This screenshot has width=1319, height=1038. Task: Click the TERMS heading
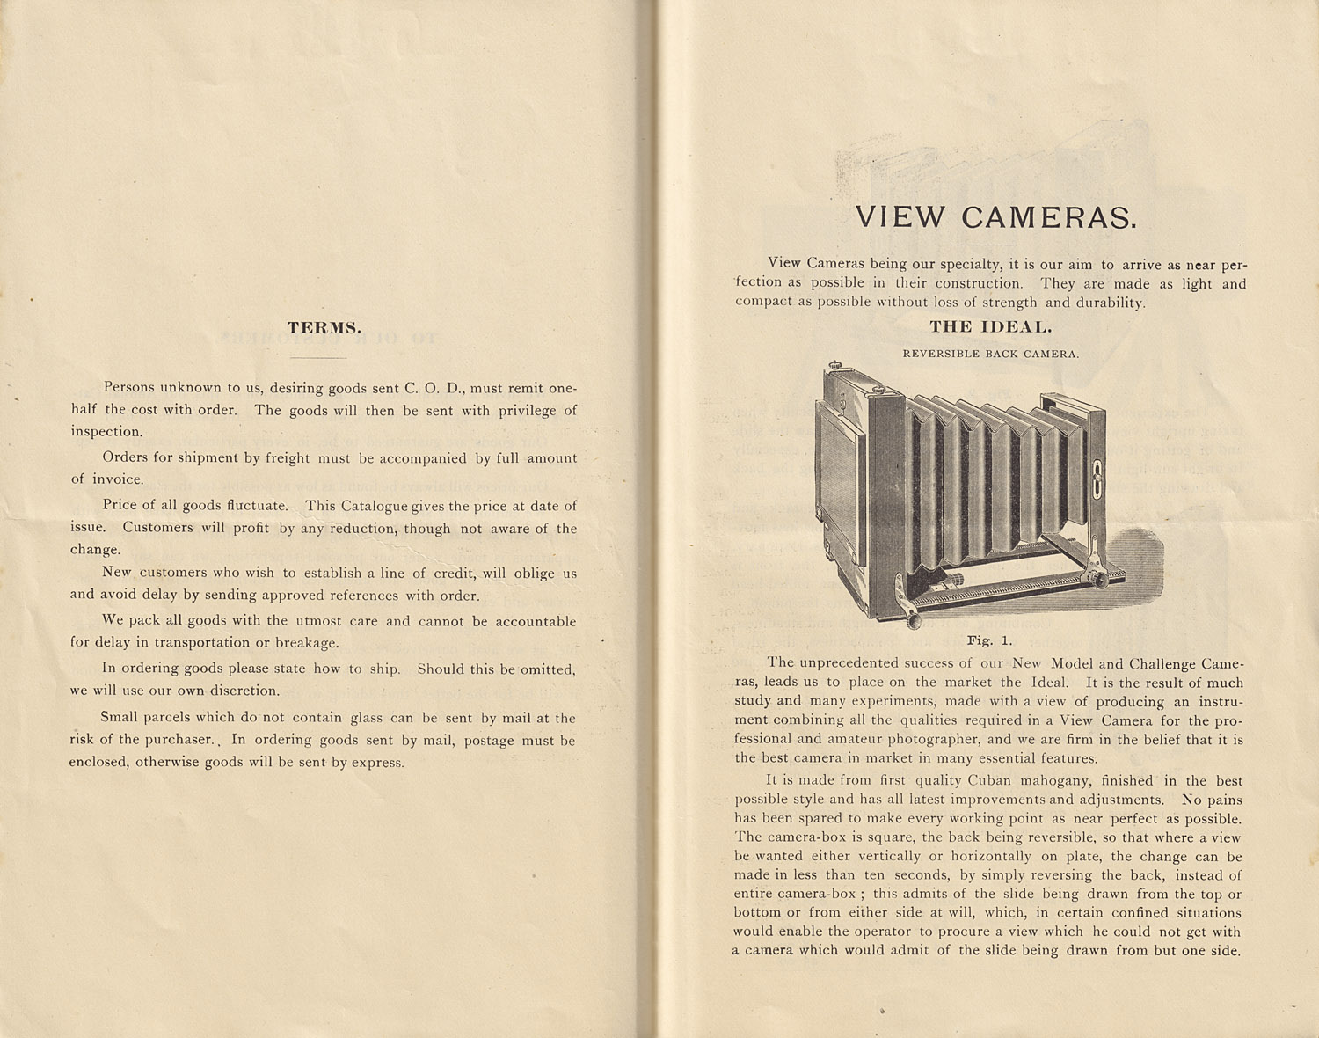[x=324, y=328]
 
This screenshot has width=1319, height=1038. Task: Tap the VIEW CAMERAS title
[x=996, y=217]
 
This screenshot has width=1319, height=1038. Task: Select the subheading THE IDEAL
[x=990, y=326]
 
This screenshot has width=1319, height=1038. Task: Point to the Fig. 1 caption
[x=989, y=640]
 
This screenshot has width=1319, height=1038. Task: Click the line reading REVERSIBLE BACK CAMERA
[x=990, y=354]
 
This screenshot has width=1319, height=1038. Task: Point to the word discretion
[x=240, y=691]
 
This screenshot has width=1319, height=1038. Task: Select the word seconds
[x=921, y=875]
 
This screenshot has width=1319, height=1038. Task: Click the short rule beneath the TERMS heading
[x=317, y=358]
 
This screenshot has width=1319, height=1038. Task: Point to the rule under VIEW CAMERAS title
[x=984, y=245]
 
